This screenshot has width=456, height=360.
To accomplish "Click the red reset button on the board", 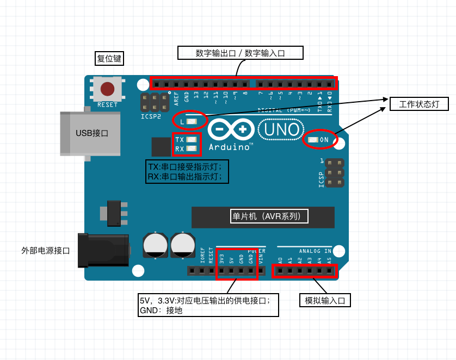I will click(x=107, y=89).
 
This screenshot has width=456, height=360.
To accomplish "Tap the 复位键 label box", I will click(x=109, y=59).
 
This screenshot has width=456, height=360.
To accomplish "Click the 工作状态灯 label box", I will click(x=419, y=104).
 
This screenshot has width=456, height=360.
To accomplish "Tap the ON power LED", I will click(x=313, y=140).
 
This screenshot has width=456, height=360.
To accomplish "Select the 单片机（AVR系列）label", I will click(x=270, y=216).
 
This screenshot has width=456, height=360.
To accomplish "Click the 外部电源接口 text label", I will click(x=46, y=251).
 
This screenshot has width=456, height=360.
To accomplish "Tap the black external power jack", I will click(x=103, y=250).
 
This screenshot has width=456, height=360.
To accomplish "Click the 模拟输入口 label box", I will click(x=325, y=300).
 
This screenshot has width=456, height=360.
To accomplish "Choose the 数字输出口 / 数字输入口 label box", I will click(x=241, y=53).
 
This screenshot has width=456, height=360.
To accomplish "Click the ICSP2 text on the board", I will click(x=151, y=116).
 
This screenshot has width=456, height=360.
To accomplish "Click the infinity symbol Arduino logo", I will click(x=231, y=129).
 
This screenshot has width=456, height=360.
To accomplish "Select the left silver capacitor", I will click(x=156, y=245).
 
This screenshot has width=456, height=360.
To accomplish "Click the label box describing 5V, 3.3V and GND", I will click(x=209, y=305).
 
